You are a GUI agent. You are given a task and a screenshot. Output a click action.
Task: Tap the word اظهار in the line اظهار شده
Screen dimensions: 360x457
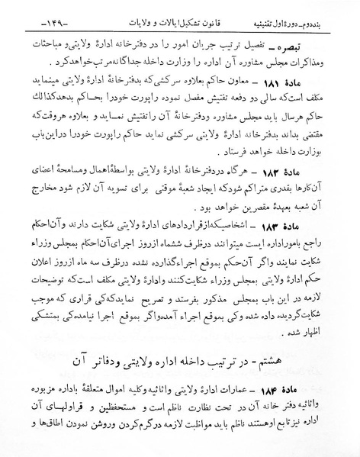[x=335, y=330]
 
